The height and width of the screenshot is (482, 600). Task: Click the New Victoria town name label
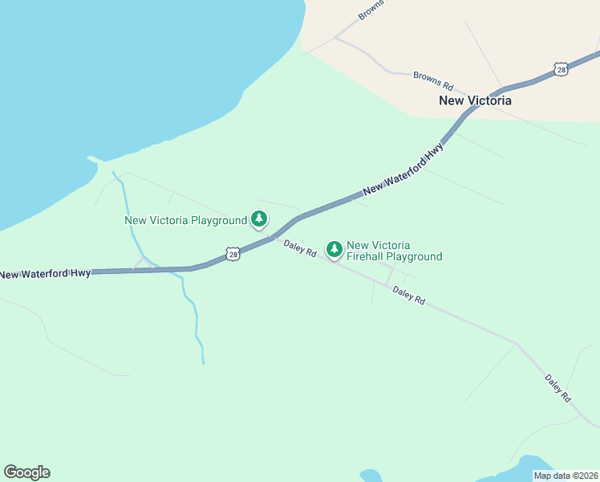click(x=475, y=101)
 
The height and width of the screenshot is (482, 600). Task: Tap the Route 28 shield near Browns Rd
click(x=561, y=70)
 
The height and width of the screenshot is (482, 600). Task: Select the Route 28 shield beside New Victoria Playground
click(x=232, y=255)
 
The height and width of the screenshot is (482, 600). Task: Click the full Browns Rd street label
click(x=433, y=81)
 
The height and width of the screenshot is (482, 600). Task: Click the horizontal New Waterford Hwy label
click(x=45, y=275)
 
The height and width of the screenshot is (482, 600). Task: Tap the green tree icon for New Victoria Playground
click(x=258, y=219)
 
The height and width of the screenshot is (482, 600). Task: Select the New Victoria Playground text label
click(x=185, y=220)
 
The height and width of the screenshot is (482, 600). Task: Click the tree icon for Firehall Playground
click(x=334, y=250)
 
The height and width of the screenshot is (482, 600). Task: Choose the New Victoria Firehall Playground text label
click(x=394, y=251)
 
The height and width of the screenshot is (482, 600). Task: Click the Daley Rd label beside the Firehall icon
click(x=299, y=247)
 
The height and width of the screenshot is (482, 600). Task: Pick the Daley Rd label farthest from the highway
click(x=557, y=387)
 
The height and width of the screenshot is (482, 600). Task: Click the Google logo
click(x=26, y=472)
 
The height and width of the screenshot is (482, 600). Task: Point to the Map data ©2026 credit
click(x=566, y=476)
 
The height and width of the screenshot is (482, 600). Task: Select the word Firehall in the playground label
click(x=366, y=257)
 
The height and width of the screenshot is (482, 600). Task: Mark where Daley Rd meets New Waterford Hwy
click(x=273, y=236)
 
